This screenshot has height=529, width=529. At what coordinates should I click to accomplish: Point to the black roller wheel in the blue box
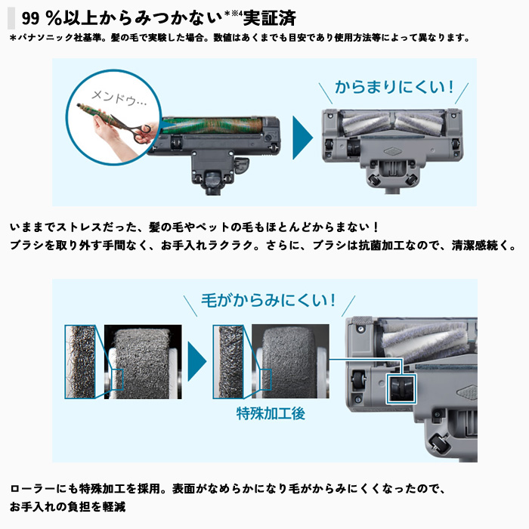tap(401, 388)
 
